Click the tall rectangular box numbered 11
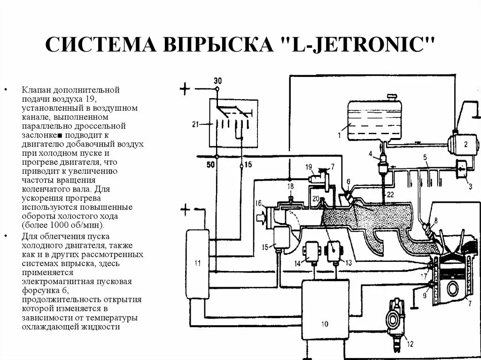tap(198, 262)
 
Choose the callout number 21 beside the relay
tap(196, 124)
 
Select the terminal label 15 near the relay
tap(248, 165)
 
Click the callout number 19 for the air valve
tap(308, 167)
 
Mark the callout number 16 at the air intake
tap(258, 203)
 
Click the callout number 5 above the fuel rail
tap(425, 157)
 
